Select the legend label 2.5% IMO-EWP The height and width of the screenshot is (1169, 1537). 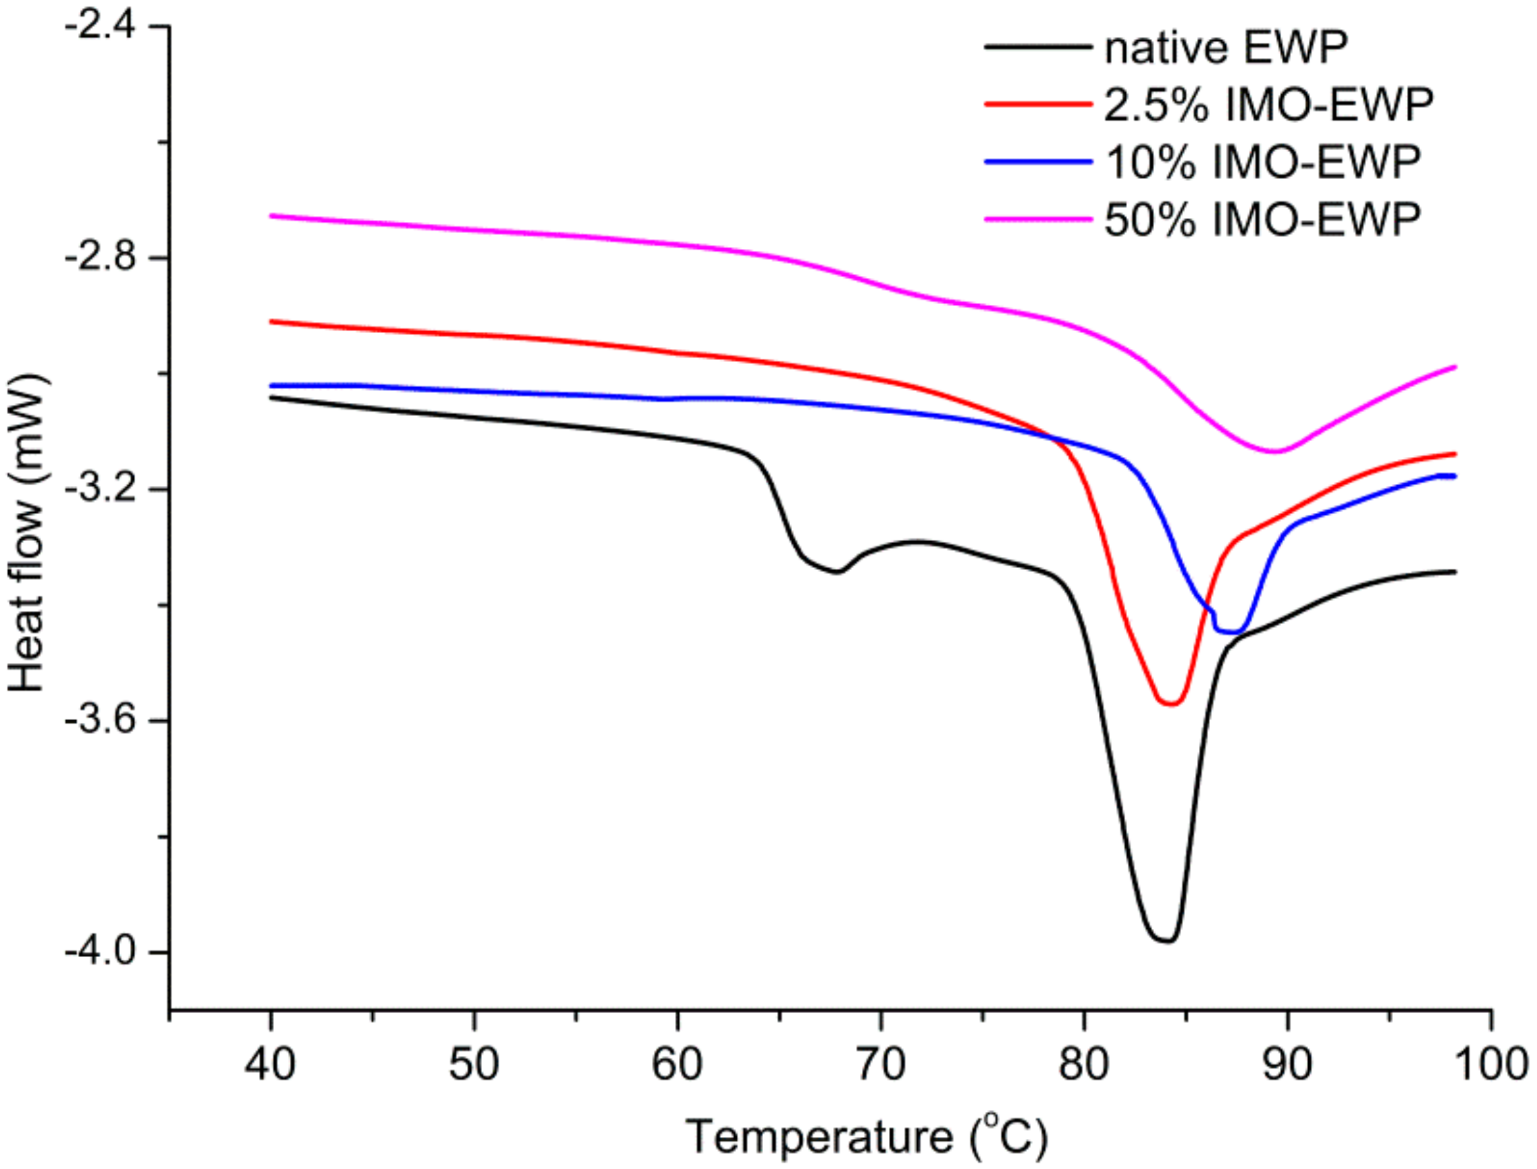(1269, 105)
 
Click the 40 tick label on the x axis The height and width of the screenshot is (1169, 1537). (270, 1065)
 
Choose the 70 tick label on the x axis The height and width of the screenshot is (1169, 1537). (881, 1065)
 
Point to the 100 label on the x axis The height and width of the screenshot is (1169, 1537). (1491, 1065)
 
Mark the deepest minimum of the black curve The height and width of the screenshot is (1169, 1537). (1166, 941)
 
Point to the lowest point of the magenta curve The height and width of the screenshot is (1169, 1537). (1274, 452)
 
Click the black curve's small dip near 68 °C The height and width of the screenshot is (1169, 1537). (839, 572)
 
